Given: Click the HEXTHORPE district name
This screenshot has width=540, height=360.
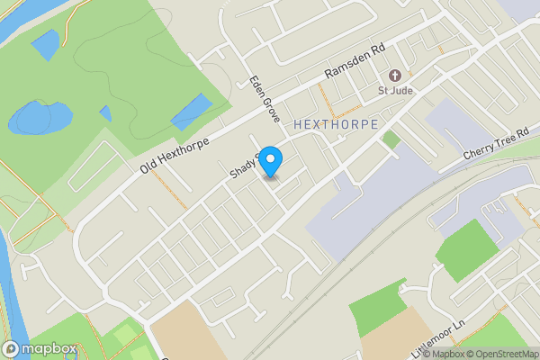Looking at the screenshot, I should (336, 122).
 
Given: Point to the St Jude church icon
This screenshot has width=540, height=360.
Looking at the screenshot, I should (393, 75).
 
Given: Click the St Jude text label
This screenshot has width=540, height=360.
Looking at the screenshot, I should (395, 90).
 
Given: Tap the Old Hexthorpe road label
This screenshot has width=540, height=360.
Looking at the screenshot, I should (175, 157).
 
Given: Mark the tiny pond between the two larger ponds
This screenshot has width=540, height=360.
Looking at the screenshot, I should (105, 113).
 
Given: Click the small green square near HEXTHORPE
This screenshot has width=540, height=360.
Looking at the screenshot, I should (391, 139).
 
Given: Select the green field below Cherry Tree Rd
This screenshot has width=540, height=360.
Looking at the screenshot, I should (466, 249).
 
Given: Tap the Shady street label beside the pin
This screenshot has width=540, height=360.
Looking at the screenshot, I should (242, 166).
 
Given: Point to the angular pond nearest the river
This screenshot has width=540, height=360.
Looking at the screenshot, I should (45, 44).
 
